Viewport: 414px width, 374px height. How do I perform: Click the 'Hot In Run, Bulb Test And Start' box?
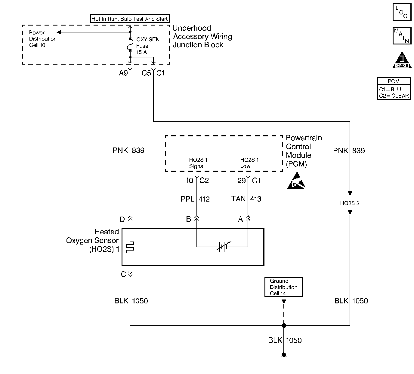click(130, 19)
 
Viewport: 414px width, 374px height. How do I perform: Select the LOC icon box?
click(402, 12)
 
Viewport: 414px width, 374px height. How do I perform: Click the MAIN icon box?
click(402, 36)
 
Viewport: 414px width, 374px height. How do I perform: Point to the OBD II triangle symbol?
click(402, 60)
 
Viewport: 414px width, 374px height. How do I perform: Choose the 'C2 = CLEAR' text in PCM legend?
click(394, 96)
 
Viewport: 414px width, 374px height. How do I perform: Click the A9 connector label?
click(123, 73)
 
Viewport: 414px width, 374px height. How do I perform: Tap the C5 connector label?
click(146, 73)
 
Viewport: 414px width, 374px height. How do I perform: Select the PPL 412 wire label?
click(195, 199)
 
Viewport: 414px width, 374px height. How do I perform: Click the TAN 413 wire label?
click(246, 199)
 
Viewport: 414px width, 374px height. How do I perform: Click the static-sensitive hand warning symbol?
click(296, 181)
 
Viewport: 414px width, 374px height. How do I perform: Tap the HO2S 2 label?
click(350, 203)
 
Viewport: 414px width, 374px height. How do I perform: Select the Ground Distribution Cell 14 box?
click(283, 287)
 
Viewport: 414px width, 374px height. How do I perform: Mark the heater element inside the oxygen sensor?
click(130, 247)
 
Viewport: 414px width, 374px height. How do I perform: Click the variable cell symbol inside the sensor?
click(224, 246)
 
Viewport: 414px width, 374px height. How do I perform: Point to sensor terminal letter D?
click(122, 220)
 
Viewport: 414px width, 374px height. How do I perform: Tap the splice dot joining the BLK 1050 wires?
click(284, 325)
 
